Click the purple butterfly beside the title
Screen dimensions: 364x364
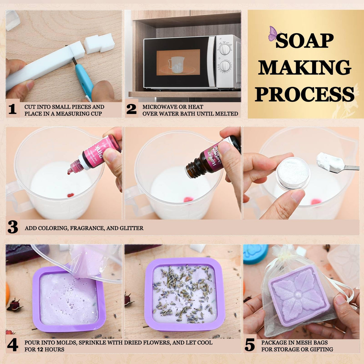point(273,33)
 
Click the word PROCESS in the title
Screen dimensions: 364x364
point(305,95)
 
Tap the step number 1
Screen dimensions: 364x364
point(12,109)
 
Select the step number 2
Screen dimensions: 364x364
point(131,109)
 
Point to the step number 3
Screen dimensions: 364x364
point(13,228)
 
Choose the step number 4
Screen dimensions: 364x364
point(12,345)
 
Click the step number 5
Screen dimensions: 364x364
point(249,345)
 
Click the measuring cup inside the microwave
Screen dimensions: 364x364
point(176,64)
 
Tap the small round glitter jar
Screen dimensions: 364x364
point(293,173)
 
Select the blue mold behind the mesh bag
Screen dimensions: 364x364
point(255,253)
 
